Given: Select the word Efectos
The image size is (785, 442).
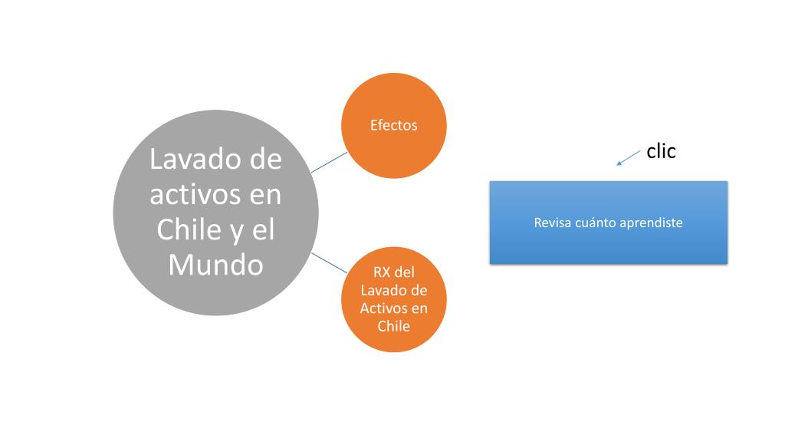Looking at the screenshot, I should (393, 125).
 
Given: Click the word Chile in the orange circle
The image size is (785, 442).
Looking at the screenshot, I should (393, 326).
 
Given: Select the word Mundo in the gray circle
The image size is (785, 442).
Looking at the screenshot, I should (215, 265).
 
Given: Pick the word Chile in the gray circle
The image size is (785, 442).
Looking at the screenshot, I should (185, 229).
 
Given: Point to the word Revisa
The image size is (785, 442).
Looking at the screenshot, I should (552, 223).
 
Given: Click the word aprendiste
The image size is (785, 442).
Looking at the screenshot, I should (651, 223).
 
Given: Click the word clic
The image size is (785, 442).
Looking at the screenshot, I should (661, 151).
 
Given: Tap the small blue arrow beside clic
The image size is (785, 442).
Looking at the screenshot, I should (629, 157).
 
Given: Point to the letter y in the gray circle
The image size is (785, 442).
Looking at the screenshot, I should (235, 230).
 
